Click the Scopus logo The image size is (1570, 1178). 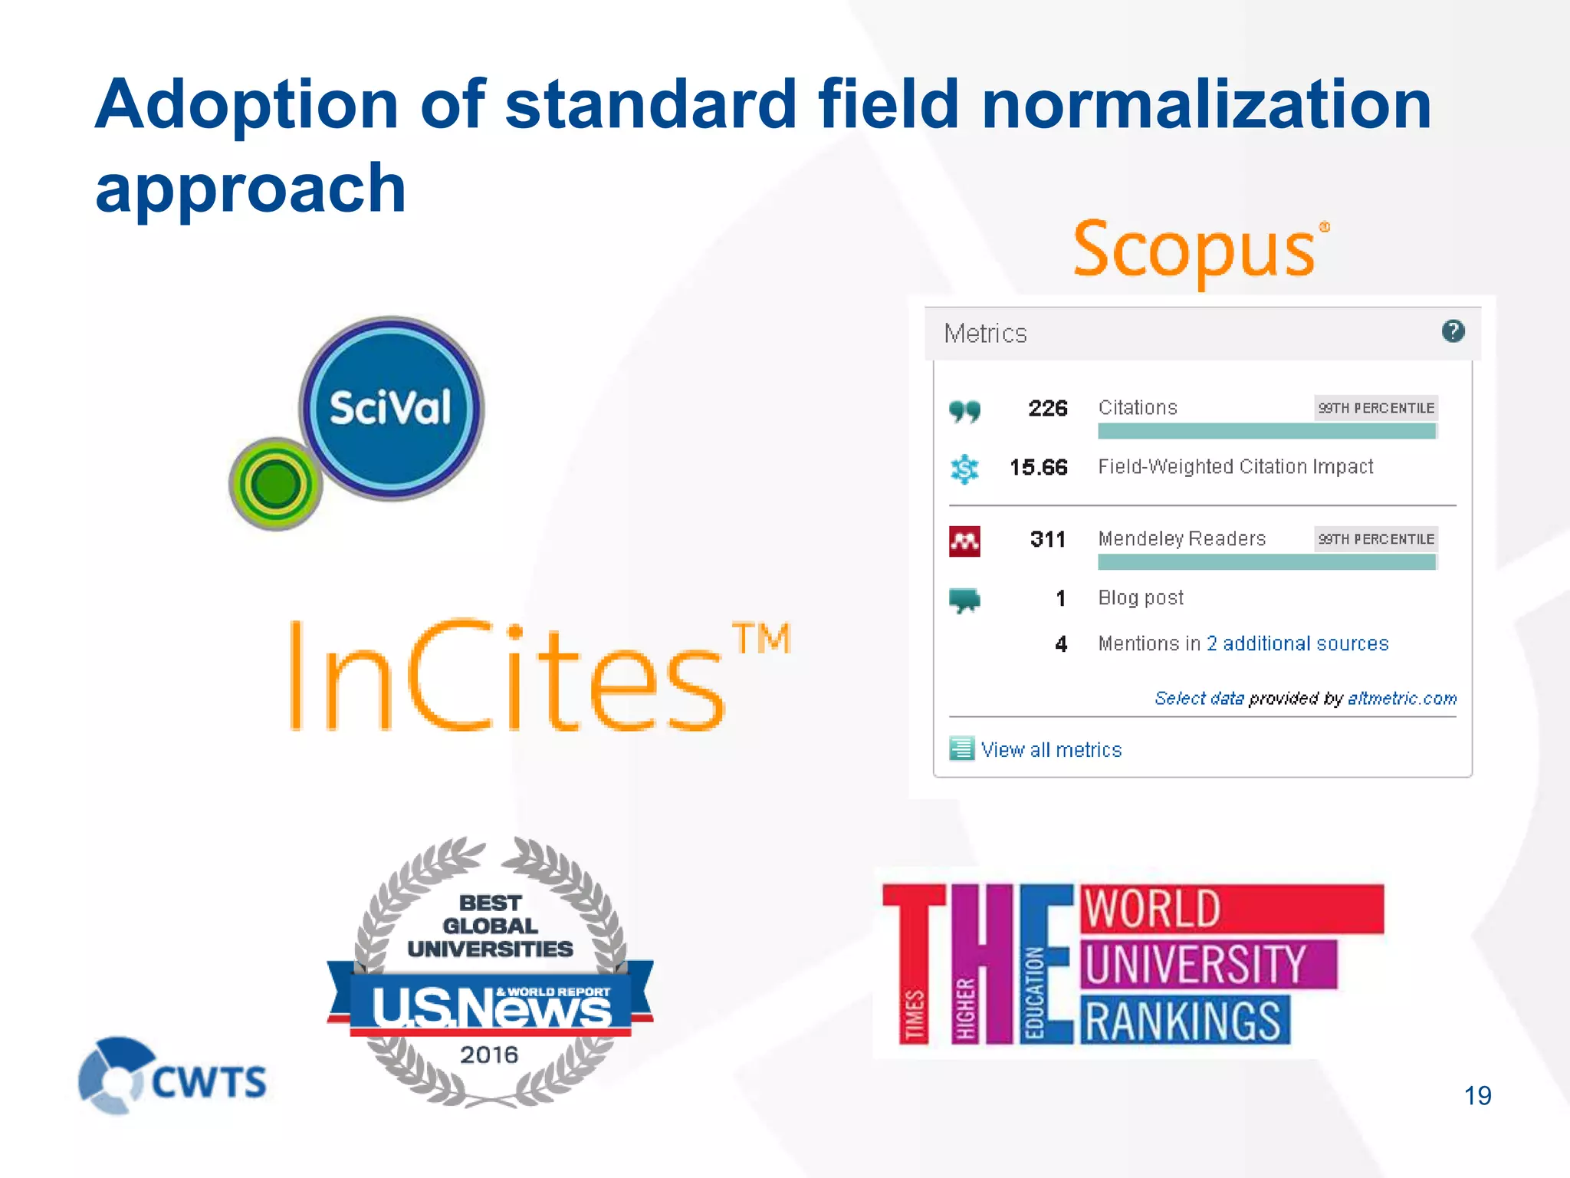[1200, 249]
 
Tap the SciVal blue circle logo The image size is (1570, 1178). [392, 408]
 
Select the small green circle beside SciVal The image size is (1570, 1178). [275, 484]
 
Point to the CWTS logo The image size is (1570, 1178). [173, 1076]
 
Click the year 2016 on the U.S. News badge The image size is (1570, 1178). [489, 1055]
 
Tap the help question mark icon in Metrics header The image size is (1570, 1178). [1453, 331]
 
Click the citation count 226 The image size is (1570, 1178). [1047, 408]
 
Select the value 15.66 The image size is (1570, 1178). [1038, 467]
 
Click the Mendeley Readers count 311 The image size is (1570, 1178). [1047, 539]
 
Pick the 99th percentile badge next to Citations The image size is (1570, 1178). [1376, 408]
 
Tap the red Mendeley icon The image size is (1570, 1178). [964, 541]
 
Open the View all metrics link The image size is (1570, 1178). [1050, 750]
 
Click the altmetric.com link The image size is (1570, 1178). [1402, 698]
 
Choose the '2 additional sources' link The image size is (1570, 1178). [1297, 643]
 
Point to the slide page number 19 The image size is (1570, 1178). [1477, 1095]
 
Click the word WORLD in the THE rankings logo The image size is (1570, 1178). [1152, 910]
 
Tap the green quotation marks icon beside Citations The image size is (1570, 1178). [964, 411]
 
